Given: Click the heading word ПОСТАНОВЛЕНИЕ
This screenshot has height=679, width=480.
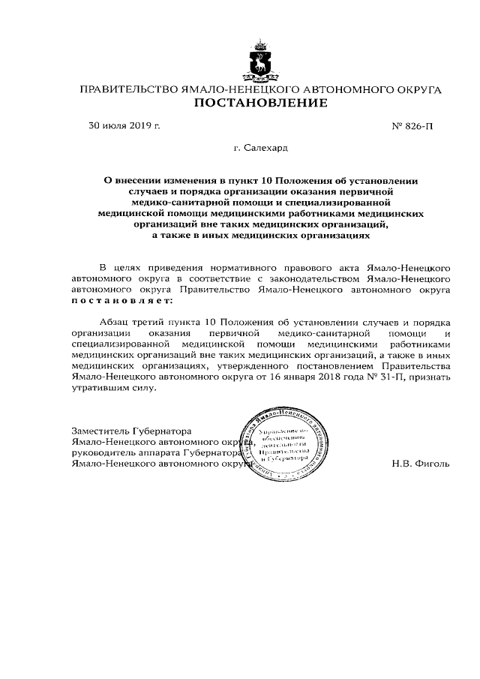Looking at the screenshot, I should (260, 103).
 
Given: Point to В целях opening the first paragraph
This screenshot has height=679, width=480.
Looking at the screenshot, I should (116, 268).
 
